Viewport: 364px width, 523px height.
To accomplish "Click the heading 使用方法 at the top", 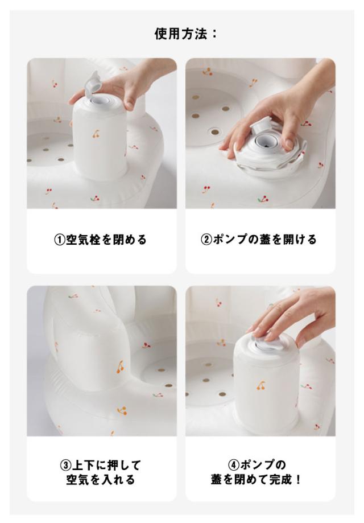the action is click(181, 34).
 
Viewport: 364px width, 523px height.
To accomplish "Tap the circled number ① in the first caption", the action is click(59, 240).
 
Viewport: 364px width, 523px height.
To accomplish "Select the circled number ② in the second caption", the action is click(206, 240).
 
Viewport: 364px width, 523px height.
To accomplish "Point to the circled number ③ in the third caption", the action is click(65, 465).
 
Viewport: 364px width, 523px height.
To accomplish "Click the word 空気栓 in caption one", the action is click(83, 240).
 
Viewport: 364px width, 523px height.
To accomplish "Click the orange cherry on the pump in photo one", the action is click(96, 134).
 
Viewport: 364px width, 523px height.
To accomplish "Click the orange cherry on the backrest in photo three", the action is click(119, 366).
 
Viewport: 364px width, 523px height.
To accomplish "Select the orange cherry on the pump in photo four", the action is click(261, 386).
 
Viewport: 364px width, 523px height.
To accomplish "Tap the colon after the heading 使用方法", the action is click(214, 34).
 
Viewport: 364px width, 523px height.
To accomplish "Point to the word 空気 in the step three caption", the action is click(77, 480).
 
